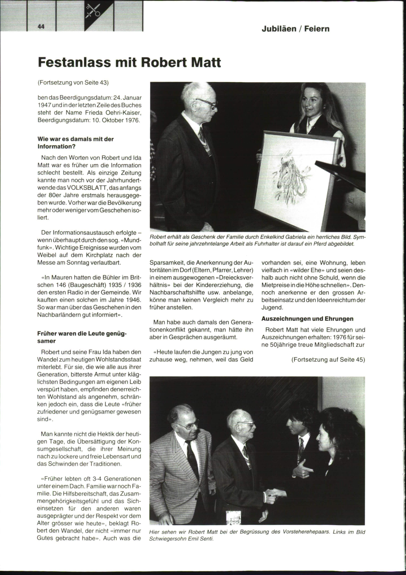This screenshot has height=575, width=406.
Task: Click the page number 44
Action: tap(41, 27)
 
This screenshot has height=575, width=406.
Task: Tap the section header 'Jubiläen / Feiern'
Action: tap(295, 29)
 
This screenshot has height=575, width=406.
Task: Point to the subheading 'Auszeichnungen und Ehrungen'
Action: tap(307, 319)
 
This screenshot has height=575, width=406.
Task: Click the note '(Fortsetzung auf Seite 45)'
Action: tap(328, 360)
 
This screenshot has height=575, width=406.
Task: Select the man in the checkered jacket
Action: tap(184, 454)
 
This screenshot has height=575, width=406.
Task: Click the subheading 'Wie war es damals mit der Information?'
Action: tap(75, 143)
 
